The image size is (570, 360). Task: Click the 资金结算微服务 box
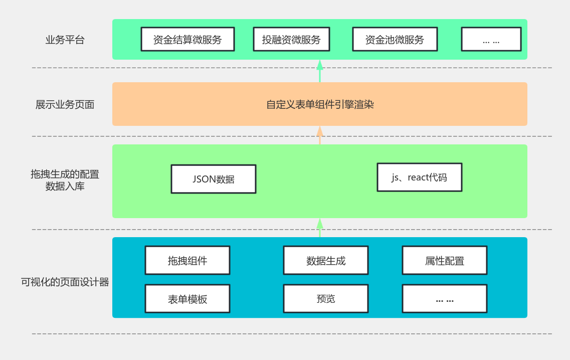pos(187,40)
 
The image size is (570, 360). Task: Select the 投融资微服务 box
pos(291,40)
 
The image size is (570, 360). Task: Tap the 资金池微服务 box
pos(395,40)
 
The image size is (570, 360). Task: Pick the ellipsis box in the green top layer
pos(491,40)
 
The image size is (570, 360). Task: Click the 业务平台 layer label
pos(65,40)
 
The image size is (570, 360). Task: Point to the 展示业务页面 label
pos(65,105)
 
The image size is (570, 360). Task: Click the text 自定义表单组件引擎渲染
pos(320,105)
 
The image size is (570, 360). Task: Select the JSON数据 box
pos(213,179)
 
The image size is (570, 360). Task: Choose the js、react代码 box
pos(419,177)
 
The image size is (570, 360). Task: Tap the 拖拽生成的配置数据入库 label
pos(65,181)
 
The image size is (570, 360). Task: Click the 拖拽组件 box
pos(187,260)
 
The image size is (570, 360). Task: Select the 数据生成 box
pos(326,260)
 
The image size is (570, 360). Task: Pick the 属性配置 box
pos(444,260)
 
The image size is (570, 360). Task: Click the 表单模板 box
pos(187,299)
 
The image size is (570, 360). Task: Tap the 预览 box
pos(326,299)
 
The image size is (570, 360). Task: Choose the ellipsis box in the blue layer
pos(444,299)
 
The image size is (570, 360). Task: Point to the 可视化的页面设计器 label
pos(65,282)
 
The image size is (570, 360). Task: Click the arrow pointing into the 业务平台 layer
pos(320,71)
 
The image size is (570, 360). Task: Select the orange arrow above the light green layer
pos(320,135)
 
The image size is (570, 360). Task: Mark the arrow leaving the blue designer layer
pos(320,228)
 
